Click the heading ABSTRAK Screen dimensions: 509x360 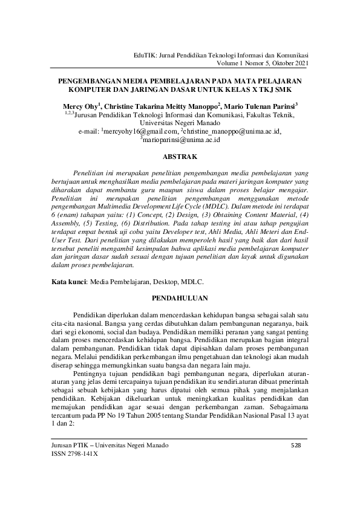[x=180, y=155]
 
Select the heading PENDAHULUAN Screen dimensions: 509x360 [x=180, y=297]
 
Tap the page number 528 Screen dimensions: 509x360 [x=296, y=446]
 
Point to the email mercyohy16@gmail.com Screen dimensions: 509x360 [x=140, y=130]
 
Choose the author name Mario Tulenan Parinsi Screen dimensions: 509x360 [x=261, y=105]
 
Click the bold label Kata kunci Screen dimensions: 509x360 [x=68, y=281]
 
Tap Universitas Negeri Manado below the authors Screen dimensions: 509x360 [x=180, y=122]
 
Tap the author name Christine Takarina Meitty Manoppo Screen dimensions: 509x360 [x=162, y=105]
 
